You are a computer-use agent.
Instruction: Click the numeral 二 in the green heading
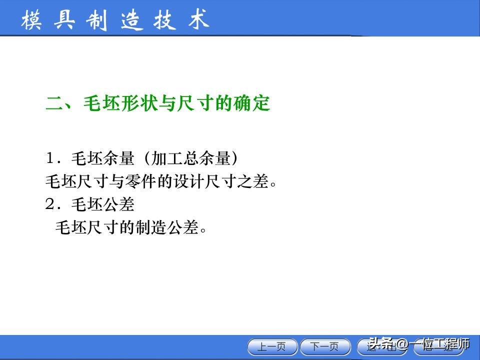pyautogui.click(x=53, y=104)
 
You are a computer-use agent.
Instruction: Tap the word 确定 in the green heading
pyautogui.click(x=252, y=104)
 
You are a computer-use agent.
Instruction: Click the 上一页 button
pyautogui.click(x=273, y=346)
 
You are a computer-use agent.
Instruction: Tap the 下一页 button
pyautogui.click(x=325, y=346)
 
